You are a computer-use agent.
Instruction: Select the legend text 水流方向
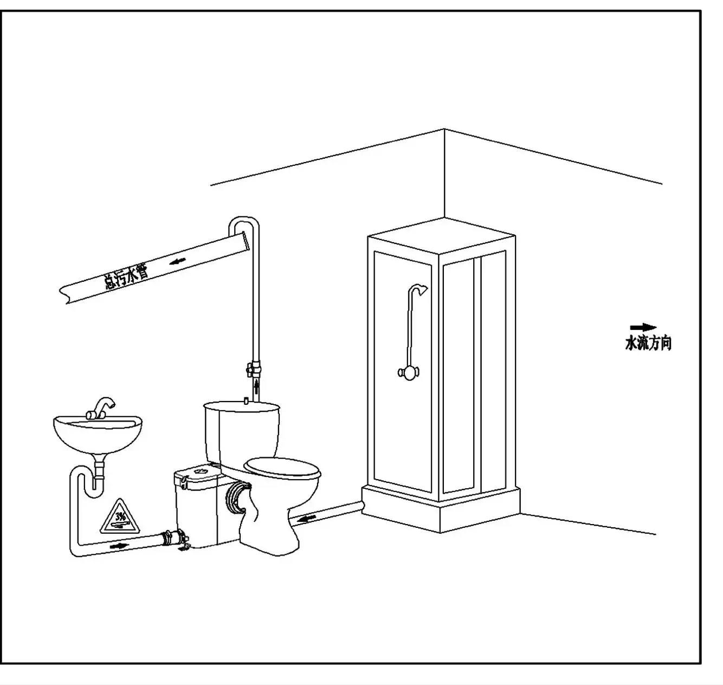pyautogui.click(x=648, y=344)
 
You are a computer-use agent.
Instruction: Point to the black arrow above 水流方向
pyautogui.click(x=643, y=327)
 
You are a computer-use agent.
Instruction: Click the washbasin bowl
pyautogui.click(x=98, y=434)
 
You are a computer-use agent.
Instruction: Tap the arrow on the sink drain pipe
pyautogui.click(x=119, y=546)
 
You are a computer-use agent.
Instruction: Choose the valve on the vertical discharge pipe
pyautogui.click(x=254, y=370)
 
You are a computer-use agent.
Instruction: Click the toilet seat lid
pyautogui.click(x=282, y=468)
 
